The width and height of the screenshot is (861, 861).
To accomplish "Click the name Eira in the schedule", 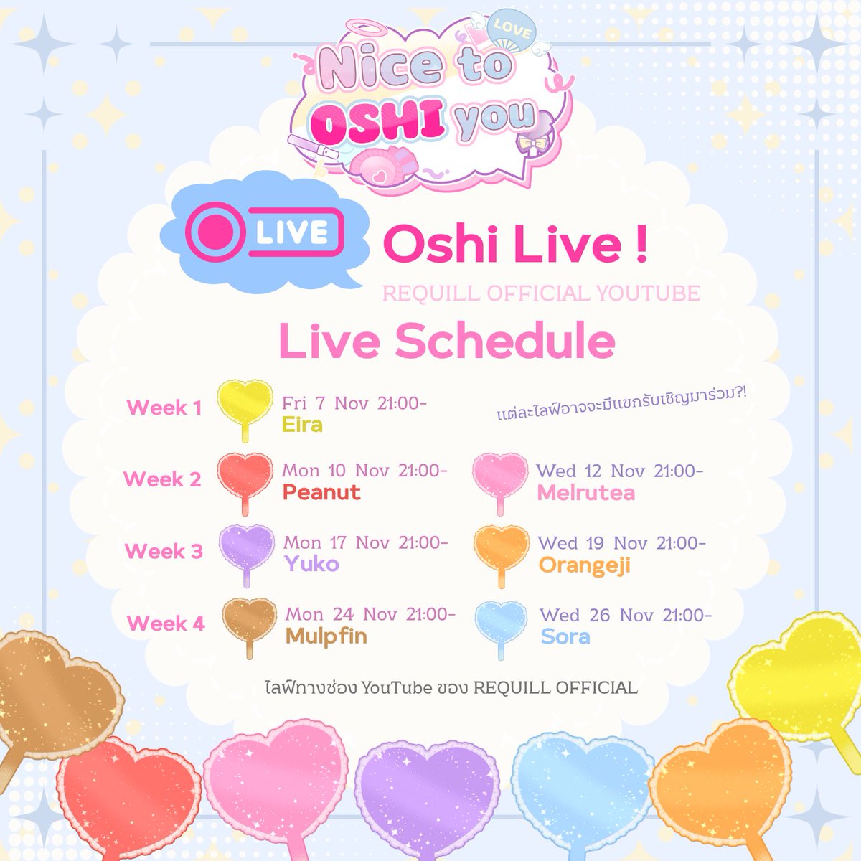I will [302, 425].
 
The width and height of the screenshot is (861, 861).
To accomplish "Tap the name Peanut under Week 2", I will [321, 493].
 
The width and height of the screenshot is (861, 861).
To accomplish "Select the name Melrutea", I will [585, 493].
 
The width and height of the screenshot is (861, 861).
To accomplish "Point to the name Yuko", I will [311, 564].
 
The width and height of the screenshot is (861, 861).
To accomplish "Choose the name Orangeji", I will [584, 565].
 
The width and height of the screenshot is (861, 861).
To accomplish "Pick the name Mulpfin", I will [326, 636].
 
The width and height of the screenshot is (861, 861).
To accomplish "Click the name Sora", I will [565, 636].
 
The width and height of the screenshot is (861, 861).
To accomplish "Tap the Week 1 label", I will [164, 408].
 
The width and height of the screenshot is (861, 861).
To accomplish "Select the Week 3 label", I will [164, 551].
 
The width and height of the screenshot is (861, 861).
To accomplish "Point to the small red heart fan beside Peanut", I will [245, 476].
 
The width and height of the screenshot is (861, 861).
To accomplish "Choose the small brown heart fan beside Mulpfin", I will [249, 621].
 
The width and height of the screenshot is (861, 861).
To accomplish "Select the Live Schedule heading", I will [446, 342].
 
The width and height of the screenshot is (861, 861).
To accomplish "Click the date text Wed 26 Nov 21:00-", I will [626, 616].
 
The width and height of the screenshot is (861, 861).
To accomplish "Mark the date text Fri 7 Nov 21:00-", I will [354, 403].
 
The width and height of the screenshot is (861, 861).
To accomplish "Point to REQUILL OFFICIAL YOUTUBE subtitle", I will [541, 293].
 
